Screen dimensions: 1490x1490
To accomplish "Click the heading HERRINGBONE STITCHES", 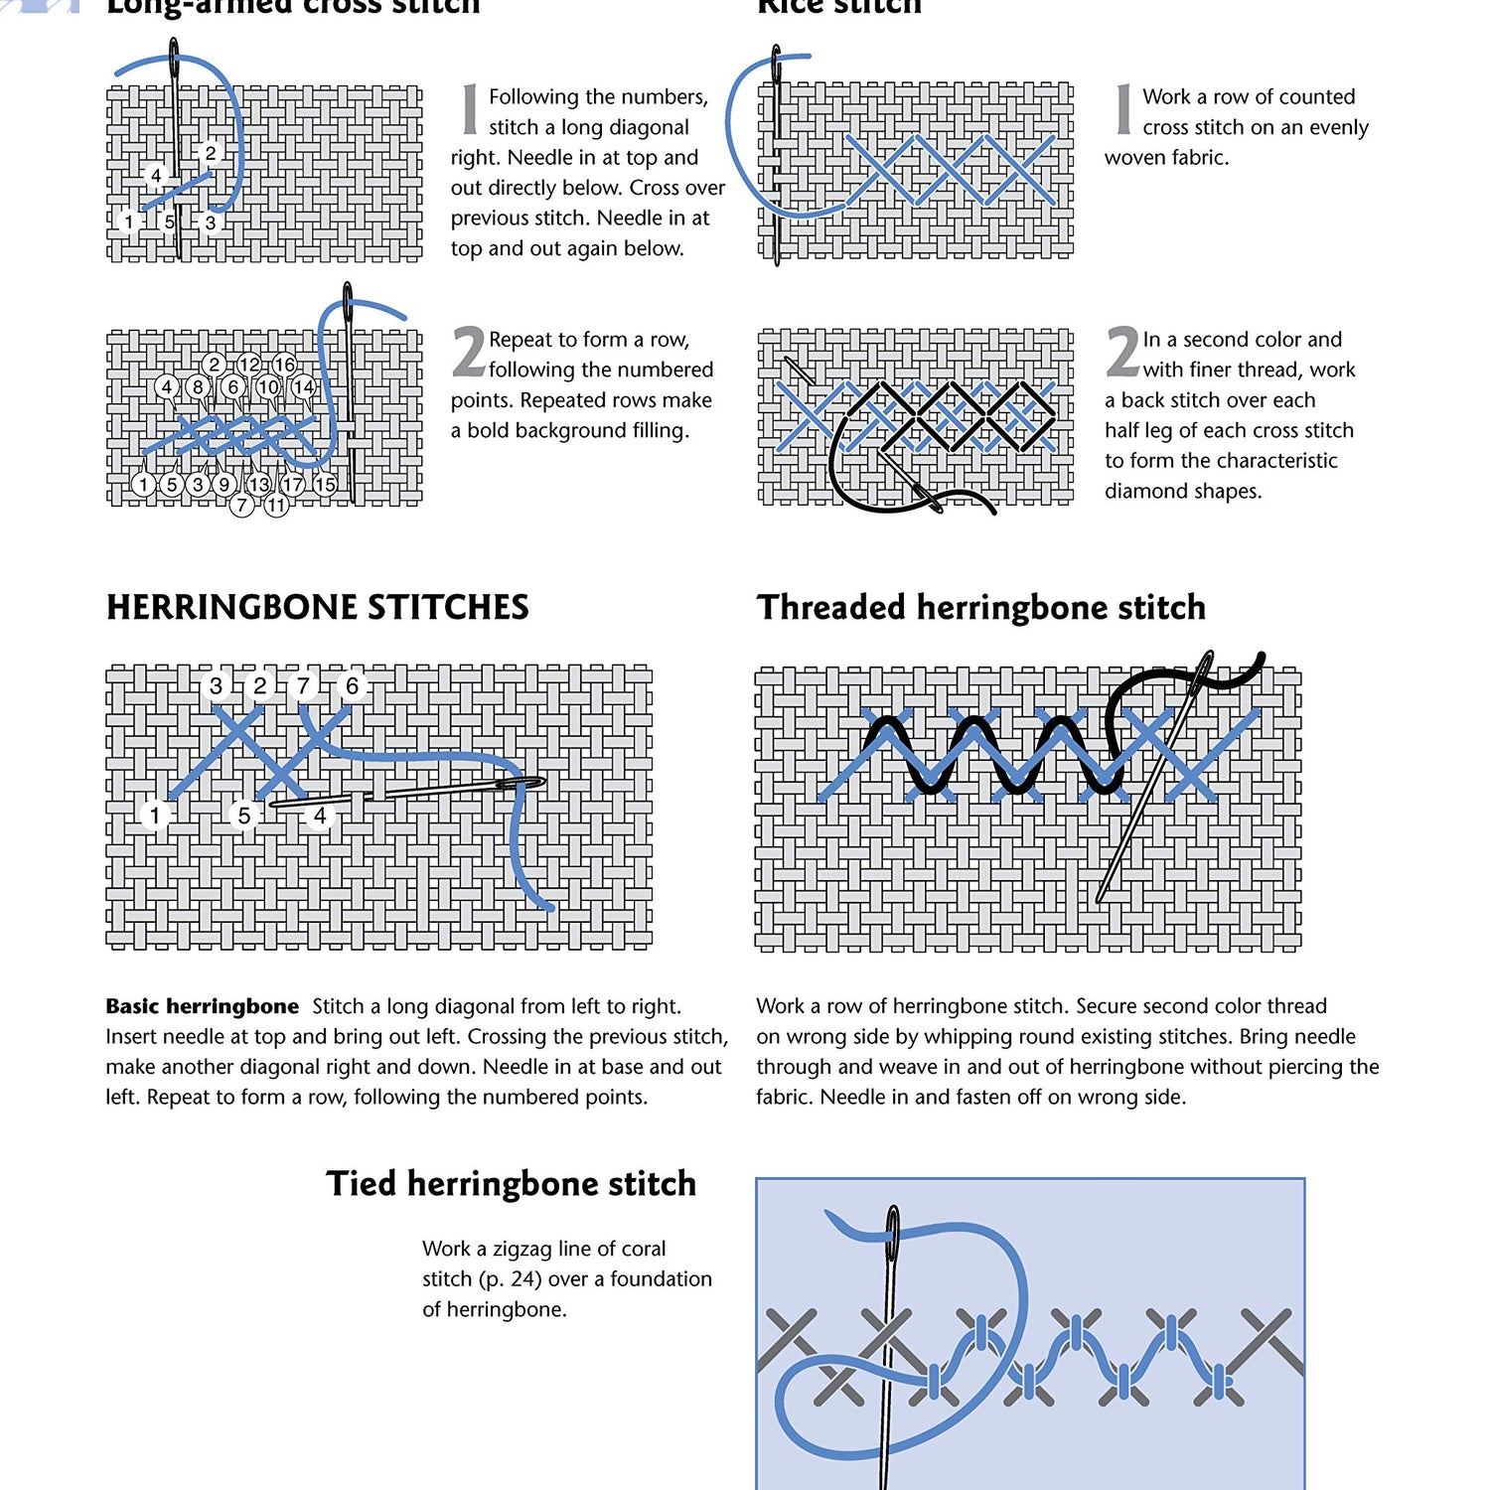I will (317, 607).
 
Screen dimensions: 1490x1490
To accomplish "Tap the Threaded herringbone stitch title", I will (980, 607).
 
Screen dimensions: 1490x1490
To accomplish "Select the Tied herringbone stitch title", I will (511, 1183).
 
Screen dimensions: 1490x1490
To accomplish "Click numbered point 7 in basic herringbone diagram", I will (303, 685).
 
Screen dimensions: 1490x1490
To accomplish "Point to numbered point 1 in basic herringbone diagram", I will (155, 816).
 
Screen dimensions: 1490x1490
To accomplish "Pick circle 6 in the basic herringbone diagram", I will (352, 685).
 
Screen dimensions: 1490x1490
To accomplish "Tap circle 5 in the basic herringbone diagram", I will (244, 816).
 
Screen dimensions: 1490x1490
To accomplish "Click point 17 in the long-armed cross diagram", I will (293, 484).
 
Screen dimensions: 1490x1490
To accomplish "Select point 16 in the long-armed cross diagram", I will (284, 365).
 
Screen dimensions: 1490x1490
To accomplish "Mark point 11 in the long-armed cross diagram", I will (276, 505).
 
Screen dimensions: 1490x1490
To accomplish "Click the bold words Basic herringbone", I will (202, 1006).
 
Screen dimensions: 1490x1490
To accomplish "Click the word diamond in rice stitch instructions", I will (1142, 491).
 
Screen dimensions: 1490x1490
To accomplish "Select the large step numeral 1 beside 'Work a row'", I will (1122, 109).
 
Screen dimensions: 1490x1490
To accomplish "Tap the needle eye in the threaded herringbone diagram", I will (1205, 668).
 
